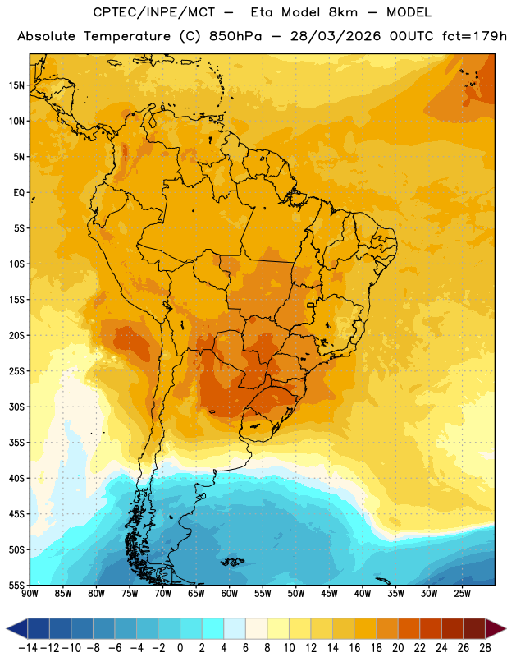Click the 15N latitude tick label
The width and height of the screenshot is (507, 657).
pos(16,85)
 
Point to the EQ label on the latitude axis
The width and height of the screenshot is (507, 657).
pos(19,193)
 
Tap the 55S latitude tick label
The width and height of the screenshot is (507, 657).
pos(16,585)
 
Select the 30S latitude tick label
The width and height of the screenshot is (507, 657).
pos(16,407)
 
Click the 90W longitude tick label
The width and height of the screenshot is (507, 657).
pos(30,594)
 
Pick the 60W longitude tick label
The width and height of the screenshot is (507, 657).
pos(230,594)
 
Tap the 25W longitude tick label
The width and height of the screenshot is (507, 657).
pos(462,594)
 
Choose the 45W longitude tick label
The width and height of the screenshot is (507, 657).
pos(329,594)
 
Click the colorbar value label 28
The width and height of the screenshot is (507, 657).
pos(485,648)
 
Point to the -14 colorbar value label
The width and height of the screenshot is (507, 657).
pos(28,648)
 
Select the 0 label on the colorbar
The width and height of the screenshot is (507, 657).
pos(180,648)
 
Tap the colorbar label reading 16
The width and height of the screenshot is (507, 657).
pos(354,648)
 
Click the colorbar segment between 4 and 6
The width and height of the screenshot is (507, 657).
pos(235,628)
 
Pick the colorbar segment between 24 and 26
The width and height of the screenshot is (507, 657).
pos(452,628)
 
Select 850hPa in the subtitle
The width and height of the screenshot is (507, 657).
pos(235,36)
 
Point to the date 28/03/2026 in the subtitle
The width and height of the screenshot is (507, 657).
pos(336,36)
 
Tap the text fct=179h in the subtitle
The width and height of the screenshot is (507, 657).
pos(474,36)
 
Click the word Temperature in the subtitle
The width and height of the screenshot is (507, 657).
pos(127,37)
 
